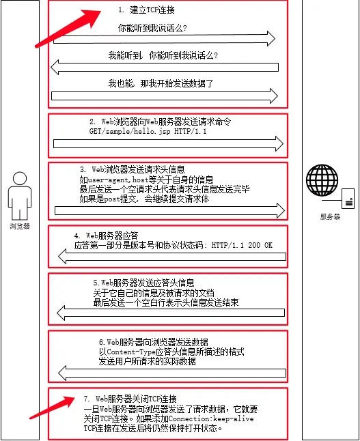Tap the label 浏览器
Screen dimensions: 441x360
point(20,225)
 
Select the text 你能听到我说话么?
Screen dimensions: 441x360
point(153,29)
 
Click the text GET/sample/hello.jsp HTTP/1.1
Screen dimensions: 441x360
point(148,130)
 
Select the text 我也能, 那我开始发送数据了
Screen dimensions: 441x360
point(161,83)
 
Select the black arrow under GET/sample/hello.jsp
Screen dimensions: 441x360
point(168,143)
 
